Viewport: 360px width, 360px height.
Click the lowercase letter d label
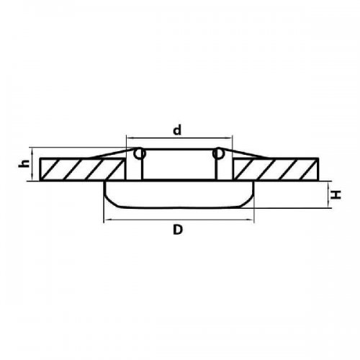(177, 130)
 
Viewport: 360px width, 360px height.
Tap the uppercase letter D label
(178, 230)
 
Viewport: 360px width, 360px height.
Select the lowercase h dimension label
(24, 163)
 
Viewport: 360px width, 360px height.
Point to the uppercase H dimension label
(336, 194)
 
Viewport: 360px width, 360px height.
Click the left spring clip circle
(139, 153)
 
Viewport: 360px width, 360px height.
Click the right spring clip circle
(218, 153)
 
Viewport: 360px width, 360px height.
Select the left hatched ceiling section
(82, 168)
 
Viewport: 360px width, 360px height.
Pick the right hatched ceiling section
(276, 168)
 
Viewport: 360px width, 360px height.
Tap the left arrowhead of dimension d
(129, 138)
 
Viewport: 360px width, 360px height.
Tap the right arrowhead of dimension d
(230, 138)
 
